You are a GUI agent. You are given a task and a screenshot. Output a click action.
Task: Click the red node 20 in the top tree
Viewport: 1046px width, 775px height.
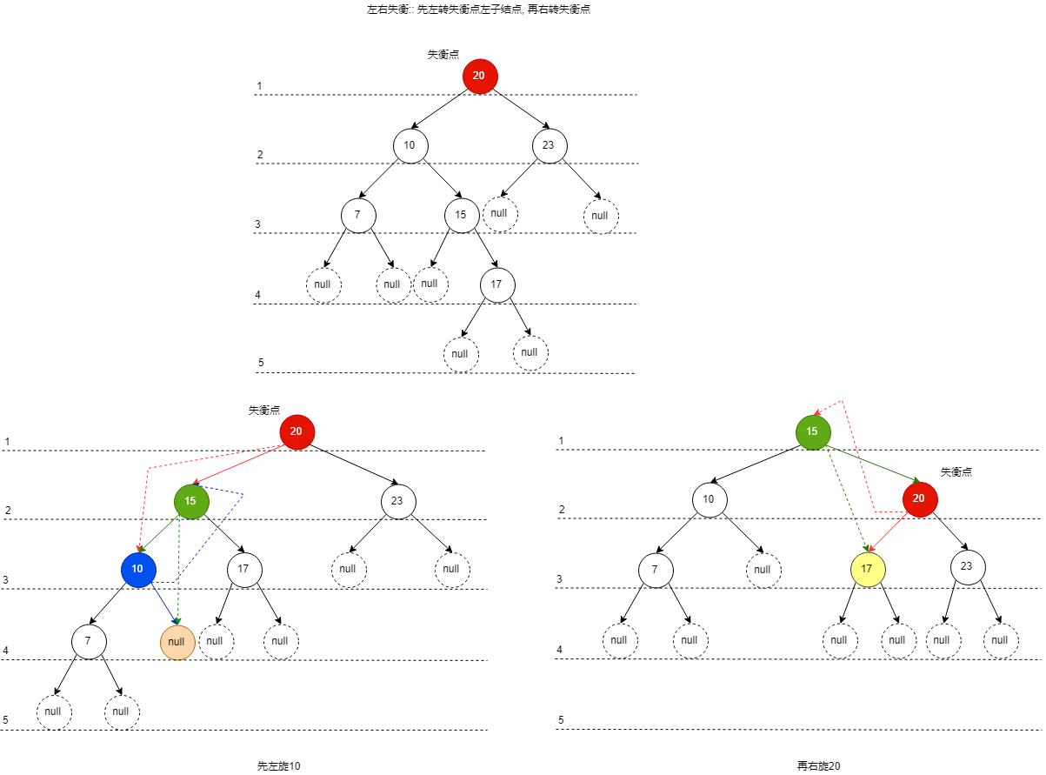click(479, 77)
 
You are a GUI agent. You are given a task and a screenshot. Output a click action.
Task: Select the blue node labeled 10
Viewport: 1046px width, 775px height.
click(137, 569)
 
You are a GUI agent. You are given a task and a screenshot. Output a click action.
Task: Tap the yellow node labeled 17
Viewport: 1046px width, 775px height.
click(867, 569)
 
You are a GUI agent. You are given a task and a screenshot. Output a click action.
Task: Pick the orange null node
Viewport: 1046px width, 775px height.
click(177, 642)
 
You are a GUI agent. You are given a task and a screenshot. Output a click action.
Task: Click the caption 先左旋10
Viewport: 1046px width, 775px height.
click(279, 766)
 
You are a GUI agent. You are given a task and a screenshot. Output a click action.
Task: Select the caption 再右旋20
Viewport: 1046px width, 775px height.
click(819, 766)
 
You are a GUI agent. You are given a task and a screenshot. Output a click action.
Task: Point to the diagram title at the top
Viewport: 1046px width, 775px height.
click(479, 10)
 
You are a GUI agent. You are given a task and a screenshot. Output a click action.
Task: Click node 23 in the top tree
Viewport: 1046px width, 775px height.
click(549, 145)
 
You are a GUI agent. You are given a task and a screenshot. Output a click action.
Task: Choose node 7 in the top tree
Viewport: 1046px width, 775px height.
click(357, 215)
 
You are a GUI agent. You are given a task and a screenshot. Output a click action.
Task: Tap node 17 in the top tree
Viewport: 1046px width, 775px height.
click(496, 284)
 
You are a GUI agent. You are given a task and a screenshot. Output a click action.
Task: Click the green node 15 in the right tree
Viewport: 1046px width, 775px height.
click(813, 432)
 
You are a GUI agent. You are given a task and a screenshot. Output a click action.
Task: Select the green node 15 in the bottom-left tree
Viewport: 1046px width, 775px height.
click(190, 501)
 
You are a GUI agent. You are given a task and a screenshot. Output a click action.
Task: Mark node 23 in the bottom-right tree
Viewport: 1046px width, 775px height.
click(968, 567)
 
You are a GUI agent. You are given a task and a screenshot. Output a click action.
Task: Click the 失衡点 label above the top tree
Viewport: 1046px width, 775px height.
click(443, 54)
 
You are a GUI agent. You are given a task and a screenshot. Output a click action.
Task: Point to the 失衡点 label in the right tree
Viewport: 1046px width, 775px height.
click(956, 471)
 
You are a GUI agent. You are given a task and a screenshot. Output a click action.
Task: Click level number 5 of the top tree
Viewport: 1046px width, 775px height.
click(261, 363)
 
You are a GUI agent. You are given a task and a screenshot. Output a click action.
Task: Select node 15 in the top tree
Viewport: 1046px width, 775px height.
click(461, 215)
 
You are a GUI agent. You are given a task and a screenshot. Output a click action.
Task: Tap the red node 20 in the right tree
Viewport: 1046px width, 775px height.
click(920, 499)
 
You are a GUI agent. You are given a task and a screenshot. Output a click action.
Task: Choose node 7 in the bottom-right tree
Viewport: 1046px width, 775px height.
click(655, 569)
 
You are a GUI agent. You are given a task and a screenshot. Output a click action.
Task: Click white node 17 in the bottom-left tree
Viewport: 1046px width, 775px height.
click(244, 569)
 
